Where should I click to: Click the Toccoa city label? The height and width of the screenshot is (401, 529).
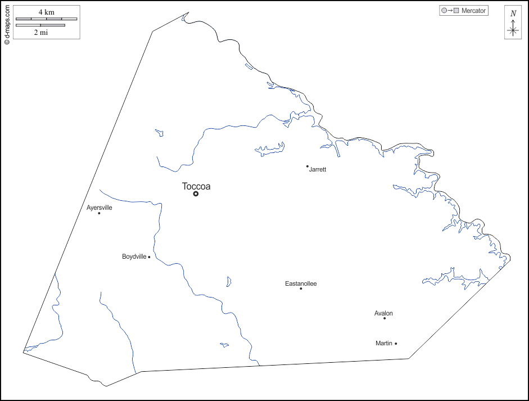(196, 186)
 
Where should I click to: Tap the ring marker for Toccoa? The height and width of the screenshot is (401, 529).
(196, 193)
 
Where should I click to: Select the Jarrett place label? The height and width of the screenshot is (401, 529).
(318, 169)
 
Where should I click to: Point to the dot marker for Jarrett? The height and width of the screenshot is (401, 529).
(307, 166)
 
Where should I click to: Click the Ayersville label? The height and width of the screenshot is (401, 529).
(100, 208)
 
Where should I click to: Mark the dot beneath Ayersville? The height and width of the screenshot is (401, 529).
(99, 213)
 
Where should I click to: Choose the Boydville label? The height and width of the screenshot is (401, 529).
(134, 256)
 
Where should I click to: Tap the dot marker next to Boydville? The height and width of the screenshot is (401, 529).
(149, 257)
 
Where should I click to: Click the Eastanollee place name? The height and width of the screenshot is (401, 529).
(301, 283)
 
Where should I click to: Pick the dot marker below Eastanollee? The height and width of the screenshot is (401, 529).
(301, 289)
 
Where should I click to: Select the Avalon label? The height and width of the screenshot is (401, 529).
(383, 313)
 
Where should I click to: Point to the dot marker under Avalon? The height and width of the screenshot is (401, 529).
(385, 318)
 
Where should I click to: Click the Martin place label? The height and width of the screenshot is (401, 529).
(384, 343)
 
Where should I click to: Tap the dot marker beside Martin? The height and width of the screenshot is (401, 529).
(396, 343)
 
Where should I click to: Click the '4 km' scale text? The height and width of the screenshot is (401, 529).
(46, 12)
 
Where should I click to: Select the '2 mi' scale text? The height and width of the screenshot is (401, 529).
(40, 32)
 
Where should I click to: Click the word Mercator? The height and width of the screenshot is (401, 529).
(473, 11)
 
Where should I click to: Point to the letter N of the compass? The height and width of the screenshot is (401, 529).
(513, 13)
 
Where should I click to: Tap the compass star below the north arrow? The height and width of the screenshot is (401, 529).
(513, 31)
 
